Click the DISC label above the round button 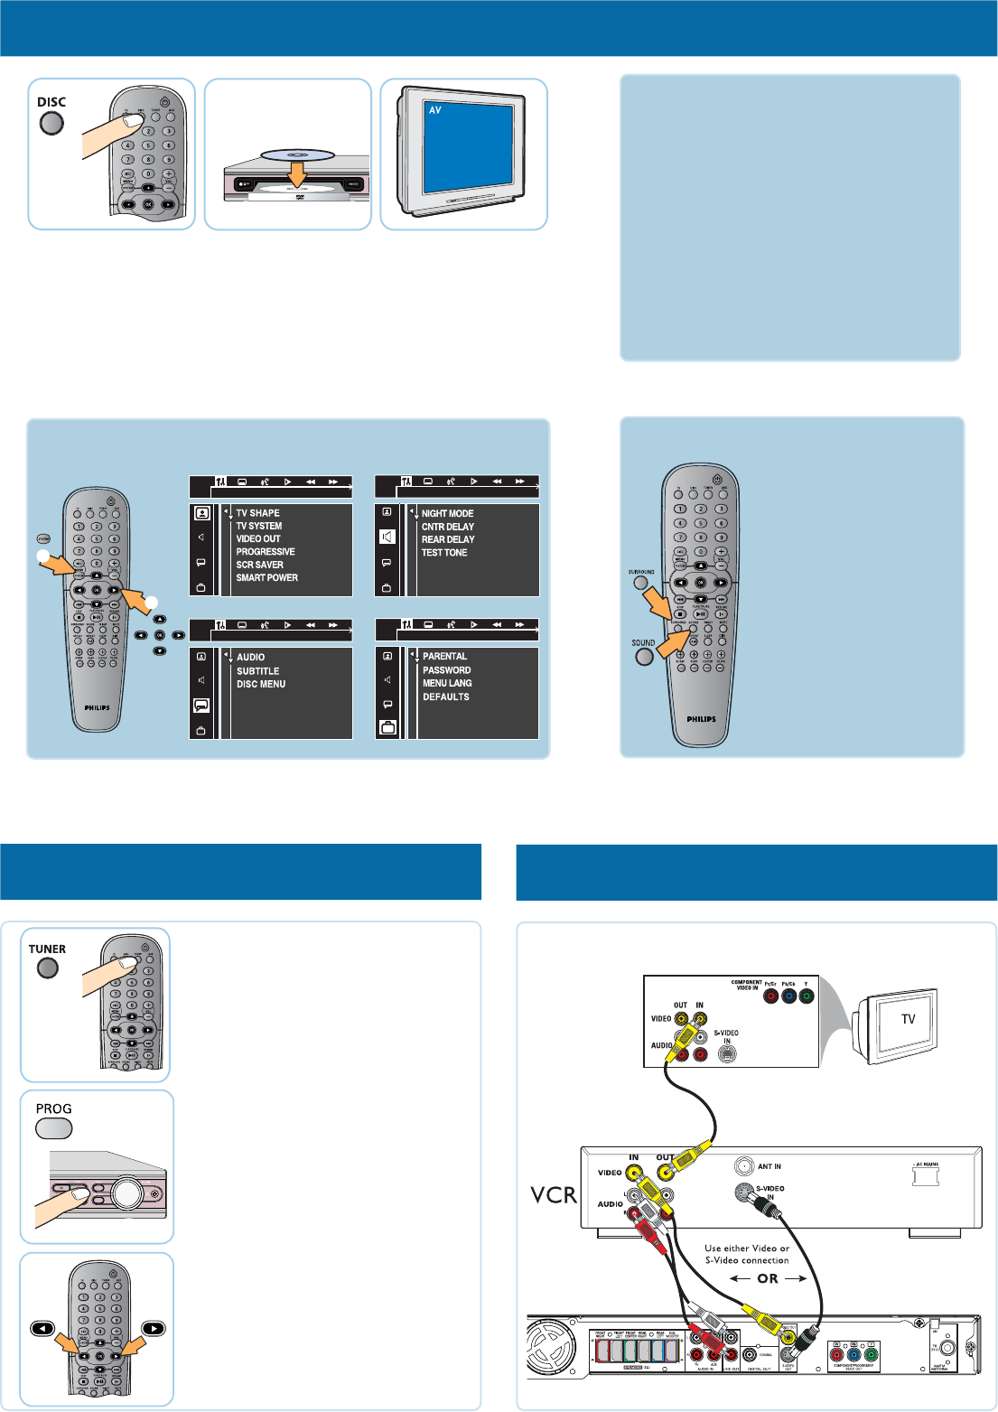click(x=51, y=102)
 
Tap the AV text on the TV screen click(x=435, y=110)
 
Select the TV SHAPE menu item click(x=258, y=513)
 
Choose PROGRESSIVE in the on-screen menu click(x=266, y=552)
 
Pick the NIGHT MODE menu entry click(x=447, y=513)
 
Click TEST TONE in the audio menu click(x=444, y=553)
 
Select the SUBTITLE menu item click(x=258, y=671)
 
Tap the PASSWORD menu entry click(x=446, y=670)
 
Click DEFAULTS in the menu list click(x=446, y=697)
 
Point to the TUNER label click(x=47, y=949)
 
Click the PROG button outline click(x=53, y=1128)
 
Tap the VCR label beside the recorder click(x=554, y=1195)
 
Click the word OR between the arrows click(x=768, y=1278)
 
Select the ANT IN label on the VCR click(x=769, y=1166)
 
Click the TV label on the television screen click(x=909, y=1019)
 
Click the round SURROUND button click(x=640, y=583)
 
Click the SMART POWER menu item click(x=267, y=578)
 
